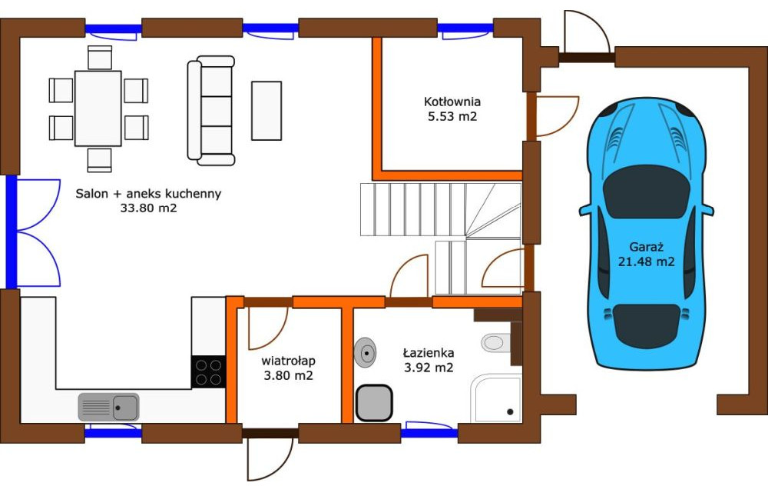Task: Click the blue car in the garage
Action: click(646, 234)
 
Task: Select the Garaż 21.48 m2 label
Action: click(646, 254)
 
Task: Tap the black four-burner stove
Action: click(208, 372)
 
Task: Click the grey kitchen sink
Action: click(109, 407)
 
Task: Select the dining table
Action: click(98, 108)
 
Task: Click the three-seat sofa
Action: click(211, 111)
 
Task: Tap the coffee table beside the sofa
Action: click(266, 111)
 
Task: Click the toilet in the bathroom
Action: click(495, 342)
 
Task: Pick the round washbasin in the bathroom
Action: click(365, 352)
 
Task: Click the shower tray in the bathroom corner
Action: click(496, 398)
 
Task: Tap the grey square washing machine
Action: click(374, 403)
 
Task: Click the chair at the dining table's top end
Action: click(100, 58)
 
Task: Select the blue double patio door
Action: click(33, 232)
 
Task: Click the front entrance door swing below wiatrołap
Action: click(270, 458)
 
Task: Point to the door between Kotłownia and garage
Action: click(553, 116)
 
